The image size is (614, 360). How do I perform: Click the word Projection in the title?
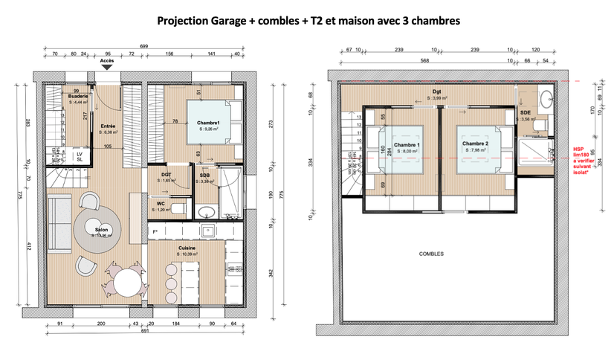(x=182, y=22)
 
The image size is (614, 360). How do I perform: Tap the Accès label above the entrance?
(x=107, y=60)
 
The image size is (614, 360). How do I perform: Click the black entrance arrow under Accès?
(x=107, y=67)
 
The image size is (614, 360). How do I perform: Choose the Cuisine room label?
(x=187, y=248)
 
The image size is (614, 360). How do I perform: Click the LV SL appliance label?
(x=80, y=157)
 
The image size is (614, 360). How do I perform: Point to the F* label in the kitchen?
(x=155, y=232)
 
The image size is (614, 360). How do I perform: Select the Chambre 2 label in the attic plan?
(x=475, y=144)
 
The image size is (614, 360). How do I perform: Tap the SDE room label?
(x=526, y=112)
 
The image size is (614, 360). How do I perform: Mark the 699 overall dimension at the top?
(x=144, y=46)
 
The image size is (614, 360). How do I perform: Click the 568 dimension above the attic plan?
(x=424, y=61)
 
